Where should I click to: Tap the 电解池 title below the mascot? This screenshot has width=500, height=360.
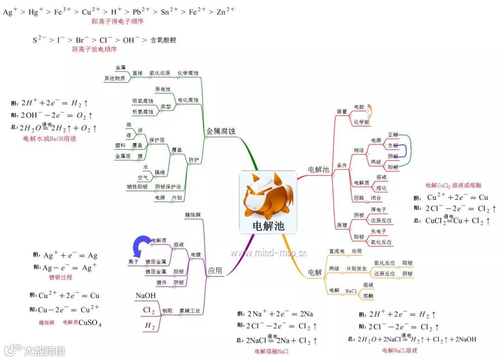click(x=268, y=226)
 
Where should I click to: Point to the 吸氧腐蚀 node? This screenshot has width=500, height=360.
click(x=142, y=101)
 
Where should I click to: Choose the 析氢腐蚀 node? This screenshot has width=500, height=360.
click(x=142, y=112)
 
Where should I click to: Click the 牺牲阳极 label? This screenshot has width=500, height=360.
click(x=137, y=187)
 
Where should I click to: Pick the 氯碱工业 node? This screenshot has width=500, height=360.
click(x=190, y=311)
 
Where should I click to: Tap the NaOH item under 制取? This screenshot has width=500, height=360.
click(x=145, y=296)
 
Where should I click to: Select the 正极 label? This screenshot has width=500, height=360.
click(x=393, y=134)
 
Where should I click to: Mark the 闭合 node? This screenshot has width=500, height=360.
click(x=376, y=198)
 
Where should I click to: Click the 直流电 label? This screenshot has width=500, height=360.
click(x=337, y=251)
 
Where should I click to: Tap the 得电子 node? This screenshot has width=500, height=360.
click(x=378, y=210)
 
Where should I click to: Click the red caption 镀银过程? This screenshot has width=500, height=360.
click(x=61, y=277)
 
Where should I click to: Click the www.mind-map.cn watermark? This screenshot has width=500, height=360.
click(x=269, y=253)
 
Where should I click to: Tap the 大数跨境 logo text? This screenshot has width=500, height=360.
click(x=44, y=350)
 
